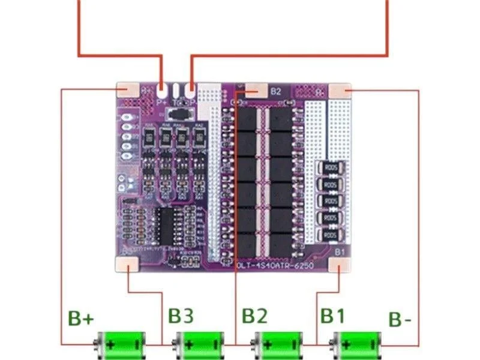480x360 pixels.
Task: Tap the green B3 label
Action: coord(181,316)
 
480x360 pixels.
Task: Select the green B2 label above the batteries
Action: coord(255,316)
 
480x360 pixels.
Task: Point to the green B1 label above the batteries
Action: coord(333,316)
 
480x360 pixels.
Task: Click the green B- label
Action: coord(400,319)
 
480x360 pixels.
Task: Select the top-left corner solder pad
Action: coord(128,91)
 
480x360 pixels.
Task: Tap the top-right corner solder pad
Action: coord(340,92)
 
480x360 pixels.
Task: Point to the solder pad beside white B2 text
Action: coord(256,91)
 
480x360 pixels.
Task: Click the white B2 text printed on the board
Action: coord(275,92)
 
